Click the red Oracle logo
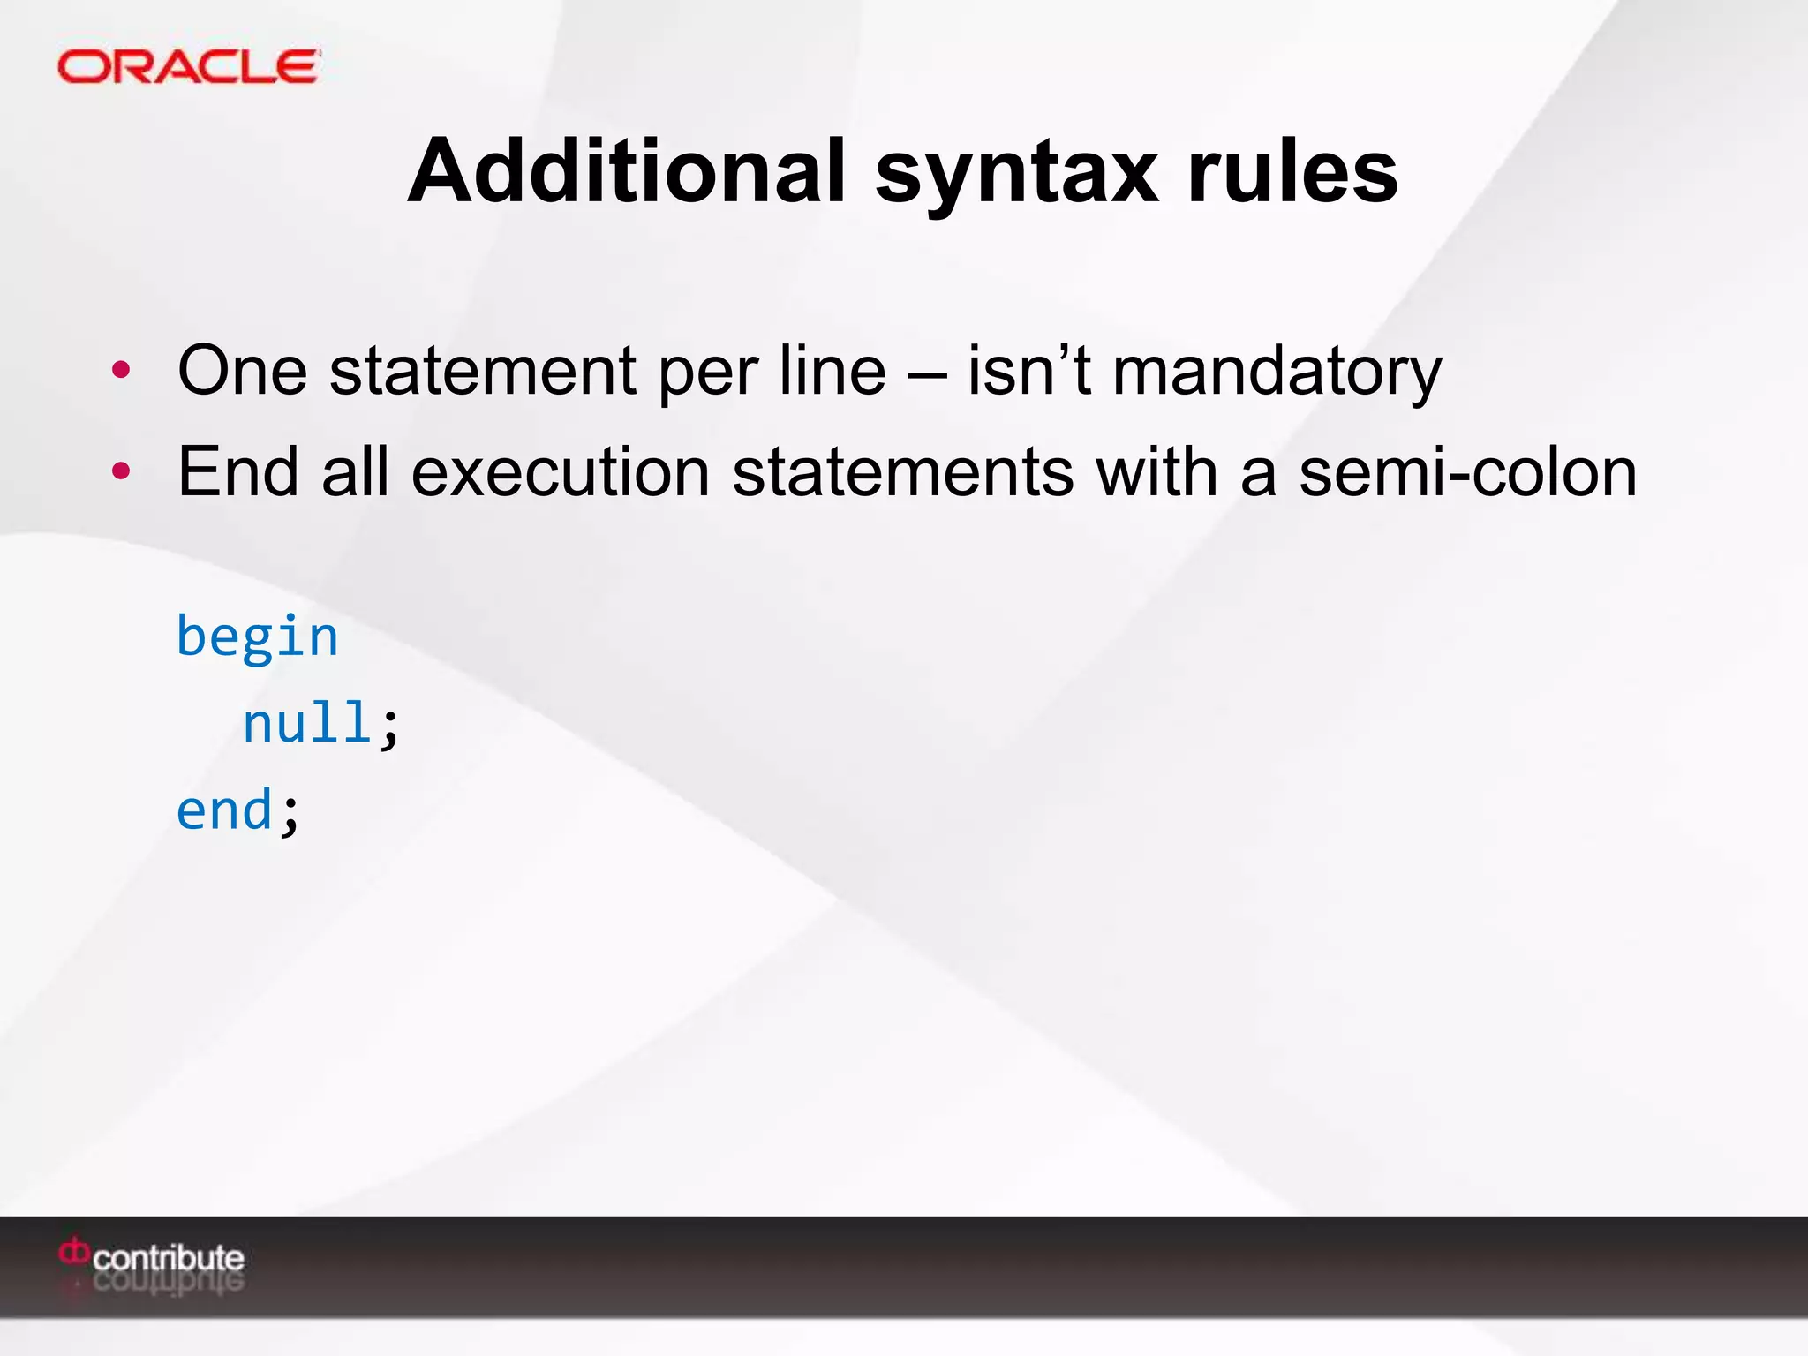point(188,67)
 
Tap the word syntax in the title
point(1016,175)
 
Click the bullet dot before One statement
point(122,370)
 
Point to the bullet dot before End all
point(122,471)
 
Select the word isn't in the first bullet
point(1029,371)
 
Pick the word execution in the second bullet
point(561,472)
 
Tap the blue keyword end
point(225,810)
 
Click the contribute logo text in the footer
point(169,1258)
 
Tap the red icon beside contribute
point(74,1253)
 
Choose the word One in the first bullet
point(242,371)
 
